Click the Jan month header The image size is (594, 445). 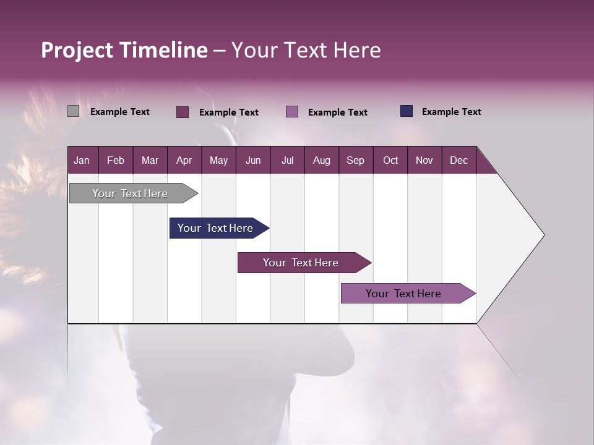(82, 160)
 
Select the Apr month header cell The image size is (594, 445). (184, 160)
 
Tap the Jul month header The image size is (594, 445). (287, 160)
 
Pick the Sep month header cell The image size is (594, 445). (356, 160)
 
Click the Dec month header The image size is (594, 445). (458, 160)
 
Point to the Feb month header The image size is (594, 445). (116, 160)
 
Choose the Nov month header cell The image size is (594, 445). (424, 160)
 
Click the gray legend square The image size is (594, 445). (73, 111)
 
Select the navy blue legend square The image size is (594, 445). (407, 111)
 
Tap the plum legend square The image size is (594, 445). (183, 112)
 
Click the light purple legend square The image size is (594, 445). (292, 112)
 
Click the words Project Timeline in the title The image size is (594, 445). (124, 50)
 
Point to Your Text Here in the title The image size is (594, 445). (306, 50)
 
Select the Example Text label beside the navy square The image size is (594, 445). (451, 112)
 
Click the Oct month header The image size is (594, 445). (390, 160)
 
